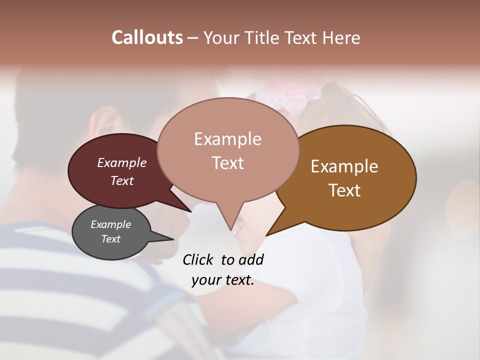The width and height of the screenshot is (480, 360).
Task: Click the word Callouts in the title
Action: [147, 37]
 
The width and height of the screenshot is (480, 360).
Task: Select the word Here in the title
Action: [341, 37]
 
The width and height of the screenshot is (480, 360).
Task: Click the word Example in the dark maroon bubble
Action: [121, 162]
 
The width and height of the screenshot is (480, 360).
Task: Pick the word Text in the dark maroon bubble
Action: [121, 180]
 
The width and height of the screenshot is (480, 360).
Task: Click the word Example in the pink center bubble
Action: [227, 139]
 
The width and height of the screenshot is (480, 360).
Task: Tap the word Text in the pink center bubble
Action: [227, 163]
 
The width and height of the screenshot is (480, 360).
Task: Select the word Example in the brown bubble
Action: [344, 166]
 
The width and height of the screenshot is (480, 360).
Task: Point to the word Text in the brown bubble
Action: [344, 190]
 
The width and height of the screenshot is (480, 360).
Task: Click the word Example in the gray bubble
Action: [110, 224]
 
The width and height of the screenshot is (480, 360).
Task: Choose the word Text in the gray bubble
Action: [110, 239]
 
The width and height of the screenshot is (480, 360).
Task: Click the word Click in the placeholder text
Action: [198, 259]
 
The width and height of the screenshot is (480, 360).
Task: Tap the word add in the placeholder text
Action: [251, 259]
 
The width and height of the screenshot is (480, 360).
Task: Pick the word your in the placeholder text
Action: [205, 280]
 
